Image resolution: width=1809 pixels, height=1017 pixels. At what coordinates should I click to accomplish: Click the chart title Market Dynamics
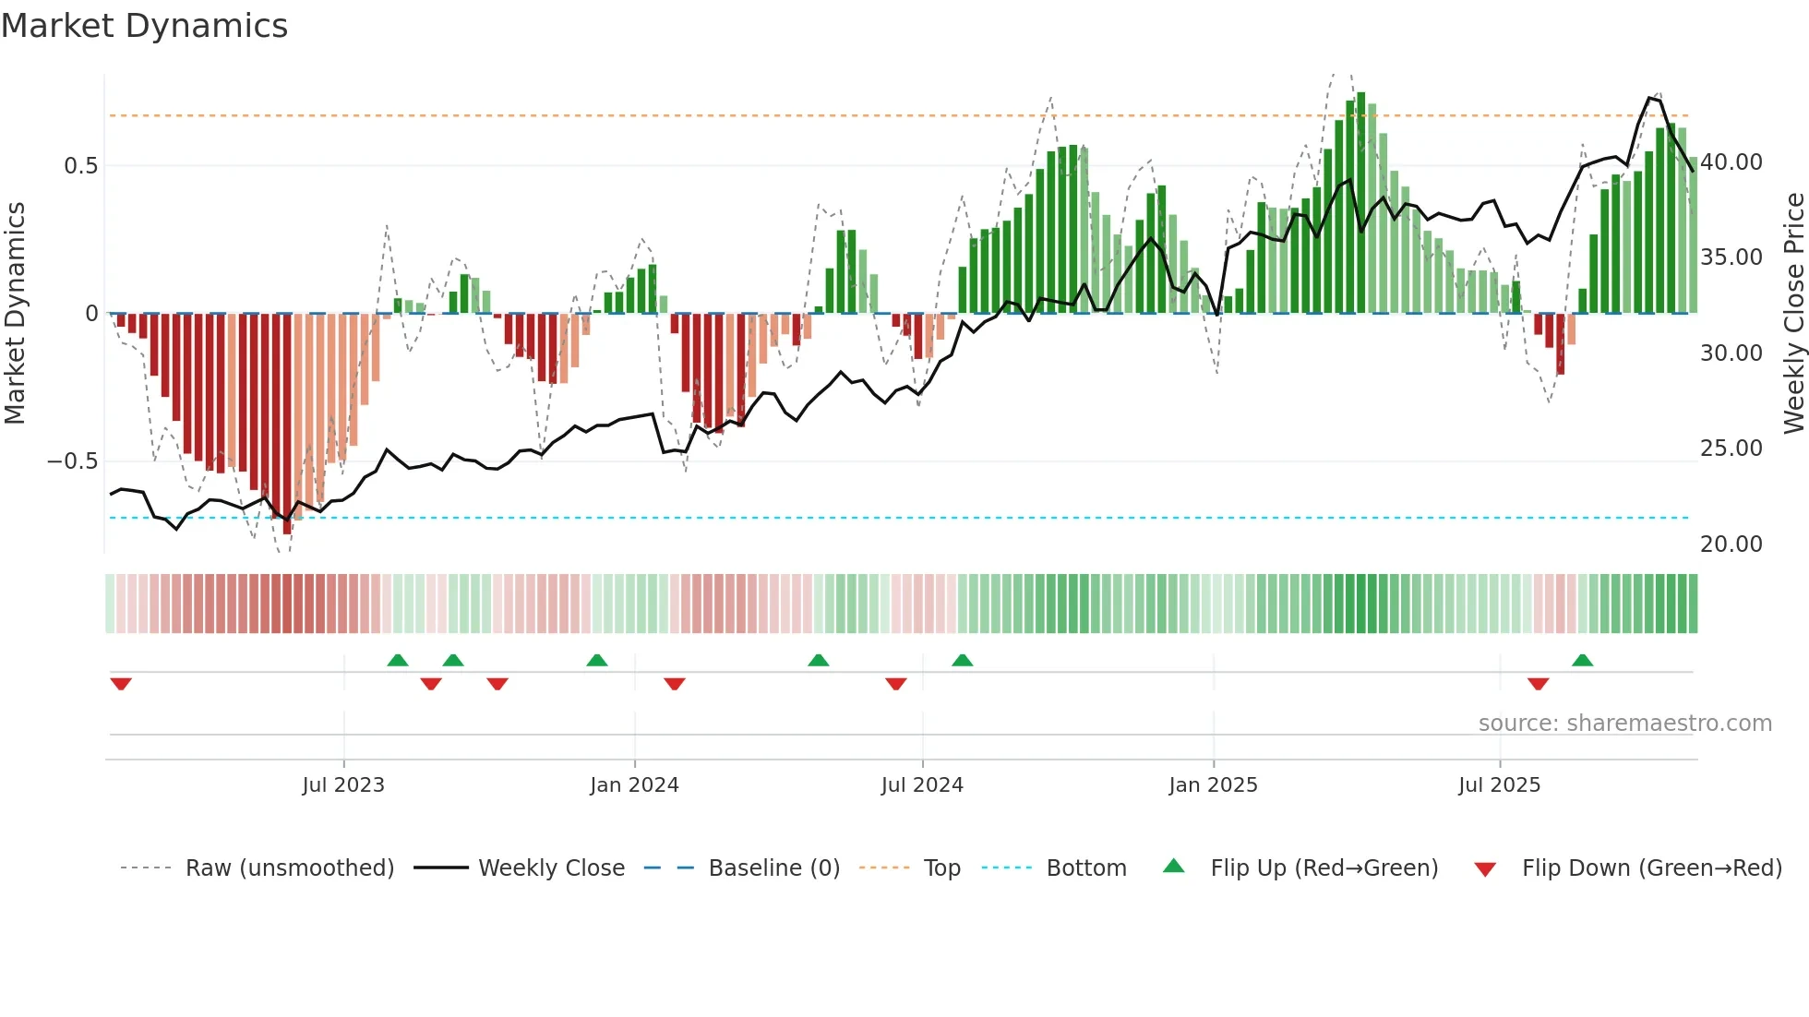144,26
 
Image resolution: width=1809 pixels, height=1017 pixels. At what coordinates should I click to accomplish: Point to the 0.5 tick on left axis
80,166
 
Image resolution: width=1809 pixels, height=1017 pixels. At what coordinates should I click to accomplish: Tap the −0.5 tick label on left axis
72,461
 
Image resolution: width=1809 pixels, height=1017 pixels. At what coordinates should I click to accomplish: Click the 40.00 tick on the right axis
1731,162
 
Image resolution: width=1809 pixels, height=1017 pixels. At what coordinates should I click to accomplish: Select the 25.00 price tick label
1731,449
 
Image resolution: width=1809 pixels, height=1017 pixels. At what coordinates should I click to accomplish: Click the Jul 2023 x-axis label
343,785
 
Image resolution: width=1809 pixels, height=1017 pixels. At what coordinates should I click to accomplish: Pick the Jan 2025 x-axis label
1213,785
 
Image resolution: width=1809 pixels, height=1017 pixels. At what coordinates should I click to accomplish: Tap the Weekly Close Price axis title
1793,314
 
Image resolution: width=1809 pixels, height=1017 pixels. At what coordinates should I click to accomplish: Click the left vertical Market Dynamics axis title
16,314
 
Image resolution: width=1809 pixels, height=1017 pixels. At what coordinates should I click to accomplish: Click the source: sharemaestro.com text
1624,724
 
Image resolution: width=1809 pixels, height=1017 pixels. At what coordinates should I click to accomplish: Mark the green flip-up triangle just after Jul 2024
963,661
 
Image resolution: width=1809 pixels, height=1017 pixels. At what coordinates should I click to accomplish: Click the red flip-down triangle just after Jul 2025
1538,684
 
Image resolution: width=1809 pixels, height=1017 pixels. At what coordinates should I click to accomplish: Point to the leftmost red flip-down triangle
121,684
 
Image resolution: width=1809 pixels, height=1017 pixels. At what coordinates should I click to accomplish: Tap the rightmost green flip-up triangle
1582,661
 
